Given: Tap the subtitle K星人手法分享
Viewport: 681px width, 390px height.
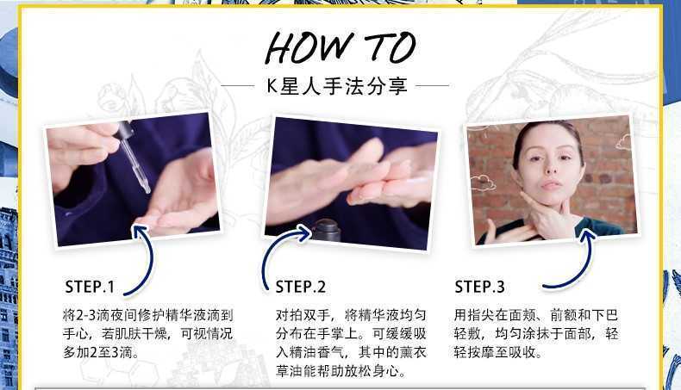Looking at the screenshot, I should click(340, 86).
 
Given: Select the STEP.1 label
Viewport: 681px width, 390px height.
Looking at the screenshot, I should click(89, 288).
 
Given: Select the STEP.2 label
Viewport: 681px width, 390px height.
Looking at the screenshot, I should click(300, 288).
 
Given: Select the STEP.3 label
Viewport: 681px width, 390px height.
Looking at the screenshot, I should click(479, 287).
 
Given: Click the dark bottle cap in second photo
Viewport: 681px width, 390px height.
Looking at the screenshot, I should click(325, 231).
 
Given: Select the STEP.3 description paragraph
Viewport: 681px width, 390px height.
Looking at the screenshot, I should click(536, 333).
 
